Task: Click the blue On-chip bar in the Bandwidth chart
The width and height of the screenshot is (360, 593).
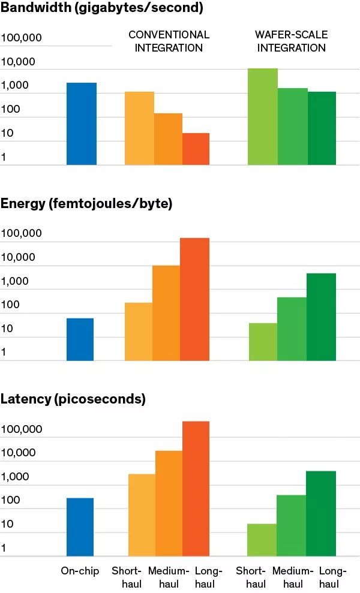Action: point(82,124)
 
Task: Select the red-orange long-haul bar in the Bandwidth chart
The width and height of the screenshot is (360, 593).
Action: point(196,149)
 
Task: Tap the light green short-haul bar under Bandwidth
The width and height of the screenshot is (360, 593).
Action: point(263,116)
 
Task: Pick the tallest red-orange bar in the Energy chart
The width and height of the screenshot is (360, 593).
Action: point(194,299)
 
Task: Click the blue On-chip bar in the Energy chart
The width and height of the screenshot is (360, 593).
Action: point(80,339)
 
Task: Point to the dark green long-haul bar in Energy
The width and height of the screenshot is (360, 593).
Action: point(322,317)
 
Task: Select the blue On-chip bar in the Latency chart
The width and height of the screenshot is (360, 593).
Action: point(80,527)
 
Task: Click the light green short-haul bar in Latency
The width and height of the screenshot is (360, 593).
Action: point(262,540)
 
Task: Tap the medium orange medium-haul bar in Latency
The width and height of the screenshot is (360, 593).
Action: point(169,504)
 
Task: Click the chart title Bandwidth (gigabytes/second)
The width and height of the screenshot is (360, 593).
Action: point(102,8)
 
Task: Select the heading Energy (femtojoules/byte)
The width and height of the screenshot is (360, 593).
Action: point(86,204)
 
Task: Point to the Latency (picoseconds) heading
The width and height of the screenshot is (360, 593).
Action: point(73,399)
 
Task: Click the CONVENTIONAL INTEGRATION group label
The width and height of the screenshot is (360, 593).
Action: point(169,41)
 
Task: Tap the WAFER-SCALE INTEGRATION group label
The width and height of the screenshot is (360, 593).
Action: point(292,41)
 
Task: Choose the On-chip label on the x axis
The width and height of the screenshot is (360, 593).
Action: point(80,571)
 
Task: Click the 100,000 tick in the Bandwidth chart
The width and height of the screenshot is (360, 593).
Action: point(21,38)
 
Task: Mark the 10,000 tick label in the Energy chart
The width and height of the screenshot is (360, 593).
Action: point(18,257)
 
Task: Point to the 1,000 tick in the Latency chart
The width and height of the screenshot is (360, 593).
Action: point(15,477)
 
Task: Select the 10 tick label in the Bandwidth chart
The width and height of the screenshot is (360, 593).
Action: point(7,133)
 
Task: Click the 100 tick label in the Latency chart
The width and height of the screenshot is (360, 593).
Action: point(11,500)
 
